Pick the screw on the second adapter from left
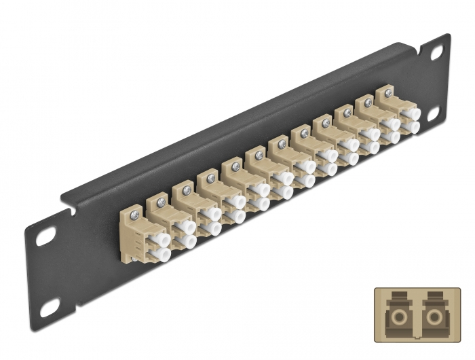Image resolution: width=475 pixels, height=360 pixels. pyautogui.click(x=161, y=201)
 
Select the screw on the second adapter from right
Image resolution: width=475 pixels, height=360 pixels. pyautogui.click(x=368, y=103)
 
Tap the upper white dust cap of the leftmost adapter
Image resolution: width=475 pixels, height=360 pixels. pyautogui.click(x=161, y=238)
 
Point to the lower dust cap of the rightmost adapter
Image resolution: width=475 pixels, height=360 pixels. pyautogui.click(x=411, y=128)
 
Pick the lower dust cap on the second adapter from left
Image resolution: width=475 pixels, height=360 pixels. pyautogui.click(x=187, y=242)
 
